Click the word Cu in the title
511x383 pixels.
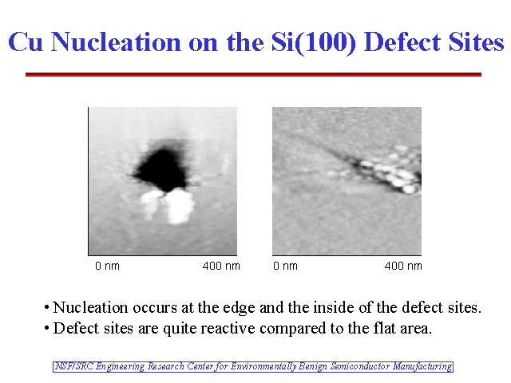click(x=26, y=42)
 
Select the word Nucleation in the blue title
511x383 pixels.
click(x=116, y=42)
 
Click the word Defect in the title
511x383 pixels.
click(x=402, y=42)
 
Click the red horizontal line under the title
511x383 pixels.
click(x=253, y=74)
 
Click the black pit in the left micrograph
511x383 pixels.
click(x=162, y=169)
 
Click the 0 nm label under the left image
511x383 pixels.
click(x=107, y=266)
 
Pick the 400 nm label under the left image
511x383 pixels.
click(x=221, y=266)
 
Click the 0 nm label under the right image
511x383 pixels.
click(x=285, y=266)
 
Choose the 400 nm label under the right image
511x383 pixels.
click(x=403, y=266)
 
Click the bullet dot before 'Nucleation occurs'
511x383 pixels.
click(x=46, y=308)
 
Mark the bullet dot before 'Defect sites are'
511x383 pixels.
click(x=46, y=328)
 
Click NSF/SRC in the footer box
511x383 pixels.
click(x=74, y=366)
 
